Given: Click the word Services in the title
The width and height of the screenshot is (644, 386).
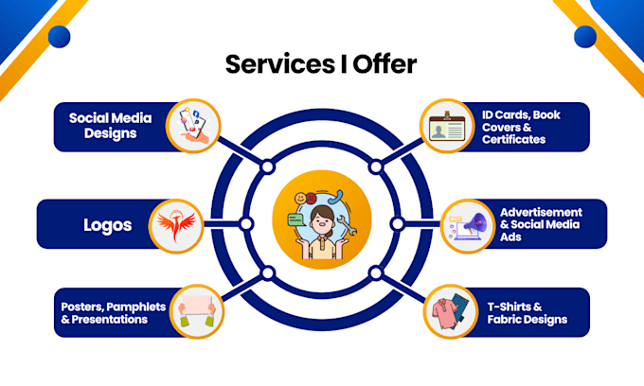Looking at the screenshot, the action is click(279, 64).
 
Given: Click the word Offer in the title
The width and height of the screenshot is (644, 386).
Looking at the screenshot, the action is click(385, 64).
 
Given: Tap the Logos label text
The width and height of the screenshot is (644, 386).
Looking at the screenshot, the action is click(108, 225).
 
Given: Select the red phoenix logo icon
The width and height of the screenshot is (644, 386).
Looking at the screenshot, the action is click(176, 225).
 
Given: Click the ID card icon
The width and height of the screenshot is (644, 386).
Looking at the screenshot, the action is click(447, 127).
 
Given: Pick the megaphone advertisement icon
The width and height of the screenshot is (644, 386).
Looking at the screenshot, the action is click(468, 226).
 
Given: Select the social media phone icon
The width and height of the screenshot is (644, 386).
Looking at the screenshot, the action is click(194, 126).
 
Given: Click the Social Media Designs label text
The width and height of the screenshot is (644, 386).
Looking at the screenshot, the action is click(111, 126).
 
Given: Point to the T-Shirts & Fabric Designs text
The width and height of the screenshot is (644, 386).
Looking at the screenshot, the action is click(527, 313).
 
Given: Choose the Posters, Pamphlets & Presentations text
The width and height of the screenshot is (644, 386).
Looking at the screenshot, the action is click(114, 313).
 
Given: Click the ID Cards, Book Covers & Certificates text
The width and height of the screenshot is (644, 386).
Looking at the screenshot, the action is click(521, 127).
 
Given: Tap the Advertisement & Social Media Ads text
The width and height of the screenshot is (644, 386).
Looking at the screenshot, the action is click(541, 224).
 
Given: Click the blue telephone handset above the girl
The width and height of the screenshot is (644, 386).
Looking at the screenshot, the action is click(336, 198).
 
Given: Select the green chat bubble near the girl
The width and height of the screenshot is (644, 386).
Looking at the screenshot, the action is click(297, 220).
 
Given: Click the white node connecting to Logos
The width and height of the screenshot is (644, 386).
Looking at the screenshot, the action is click(246, 224).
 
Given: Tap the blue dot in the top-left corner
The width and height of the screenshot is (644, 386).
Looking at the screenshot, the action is click(59, 37).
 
